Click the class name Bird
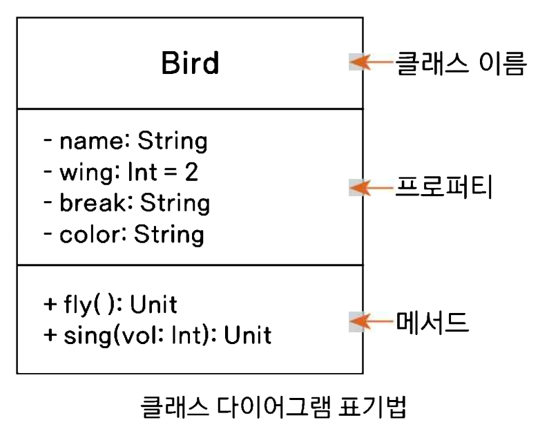190,63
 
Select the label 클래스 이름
461,64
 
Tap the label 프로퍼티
443,187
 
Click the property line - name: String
125,141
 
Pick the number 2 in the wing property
191,172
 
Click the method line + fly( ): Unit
110,304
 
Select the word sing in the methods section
84,336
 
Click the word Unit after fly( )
153,304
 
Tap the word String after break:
175,203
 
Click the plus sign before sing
48,336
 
